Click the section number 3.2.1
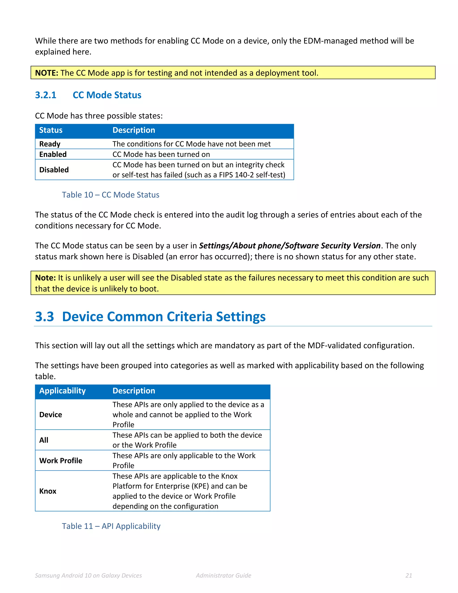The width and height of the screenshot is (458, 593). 46,95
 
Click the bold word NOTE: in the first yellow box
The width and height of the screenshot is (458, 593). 46,73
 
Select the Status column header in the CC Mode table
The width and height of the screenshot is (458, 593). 51,130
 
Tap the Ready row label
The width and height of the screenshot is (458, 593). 50,144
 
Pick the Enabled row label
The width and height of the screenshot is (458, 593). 53,154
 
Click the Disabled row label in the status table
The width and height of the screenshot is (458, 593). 54,170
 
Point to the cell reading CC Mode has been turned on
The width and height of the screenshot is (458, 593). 161,154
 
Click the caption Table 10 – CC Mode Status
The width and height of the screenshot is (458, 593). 110,195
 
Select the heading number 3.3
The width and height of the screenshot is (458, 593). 45,317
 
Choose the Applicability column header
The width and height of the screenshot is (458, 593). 62,391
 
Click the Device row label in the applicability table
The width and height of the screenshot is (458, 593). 51,415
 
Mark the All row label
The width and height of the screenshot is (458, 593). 44,440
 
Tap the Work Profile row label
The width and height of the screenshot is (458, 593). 61,461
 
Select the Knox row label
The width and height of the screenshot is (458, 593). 48,491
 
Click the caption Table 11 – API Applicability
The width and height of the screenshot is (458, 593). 111,526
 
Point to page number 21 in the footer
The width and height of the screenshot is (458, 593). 409,575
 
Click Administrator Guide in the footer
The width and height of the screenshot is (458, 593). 223,575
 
